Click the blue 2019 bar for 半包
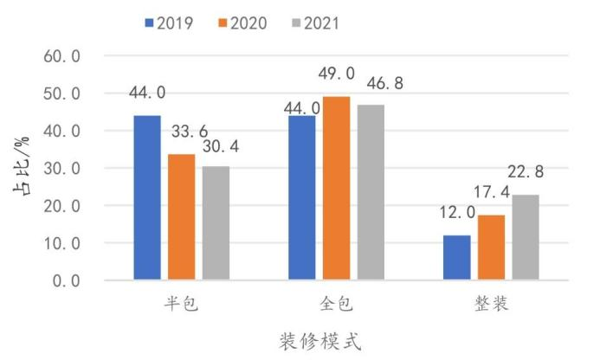[x=146, y=198]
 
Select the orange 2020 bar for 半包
[x=181, y=217]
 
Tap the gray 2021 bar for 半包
[x=216, y=223]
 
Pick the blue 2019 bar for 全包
[x=301, y=198]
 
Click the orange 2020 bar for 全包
[x=336, y=189]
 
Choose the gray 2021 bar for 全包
[x=371, y=193]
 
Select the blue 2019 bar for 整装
[x=456, y=258]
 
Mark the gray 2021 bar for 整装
[x=526, y=238]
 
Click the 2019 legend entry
[x=170, y=22]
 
